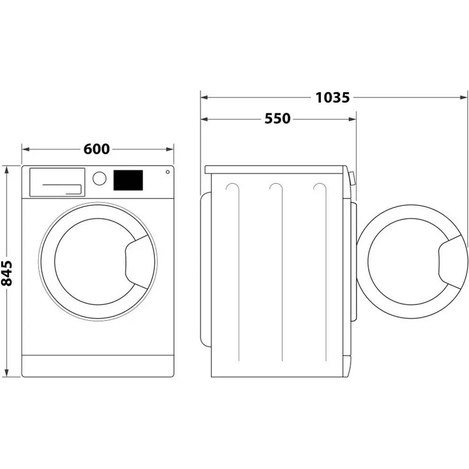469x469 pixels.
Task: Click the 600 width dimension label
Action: click(x=97, y=149)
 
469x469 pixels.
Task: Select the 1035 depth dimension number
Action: click(x=333, y=98)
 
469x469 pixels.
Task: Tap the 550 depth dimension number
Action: click(x=278, y=119)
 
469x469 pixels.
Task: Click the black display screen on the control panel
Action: click(x=128, y=180)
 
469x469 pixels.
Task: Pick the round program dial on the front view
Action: click(x=99, y=178)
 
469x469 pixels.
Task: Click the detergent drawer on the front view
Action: click(x=57, y=182)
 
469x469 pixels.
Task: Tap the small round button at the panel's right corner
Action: click(x=167, y=172)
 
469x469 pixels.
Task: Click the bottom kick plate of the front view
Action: click(x=98, y=365)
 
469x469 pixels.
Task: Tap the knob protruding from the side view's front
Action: click(x=352, y=178)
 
